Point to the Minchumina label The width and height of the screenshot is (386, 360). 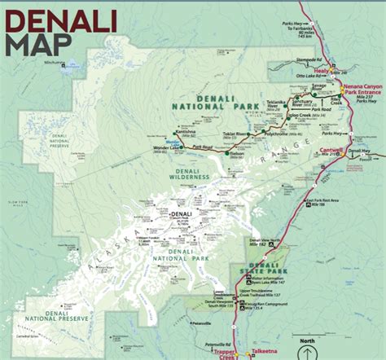coord(55,61)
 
